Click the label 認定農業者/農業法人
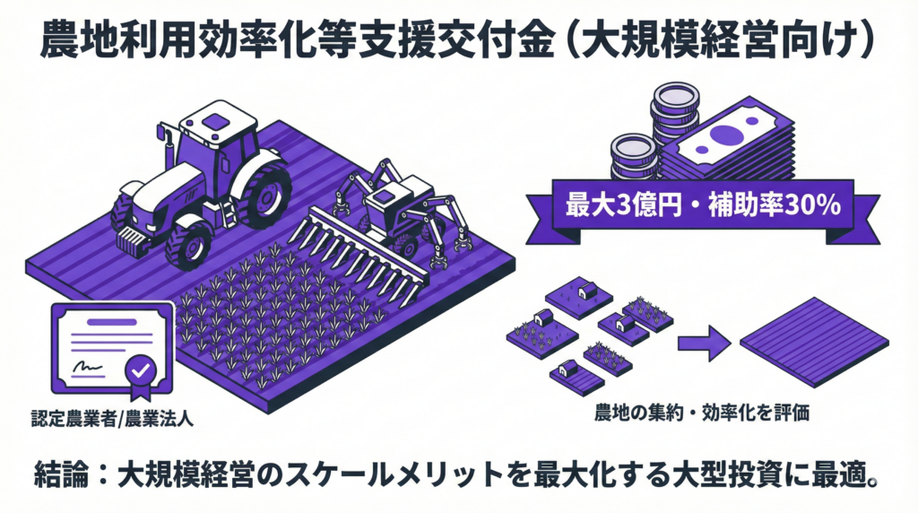coord(112,420)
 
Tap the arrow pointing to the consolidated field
coord(705,343)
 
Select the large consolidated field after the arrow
coord(815,342)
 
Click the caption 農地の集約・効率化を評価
coord(701,413)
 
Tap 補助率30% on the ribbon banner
coord(774,205)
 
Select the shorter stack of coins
coord(634,156)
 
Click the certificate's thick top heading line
coord(112,322)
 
